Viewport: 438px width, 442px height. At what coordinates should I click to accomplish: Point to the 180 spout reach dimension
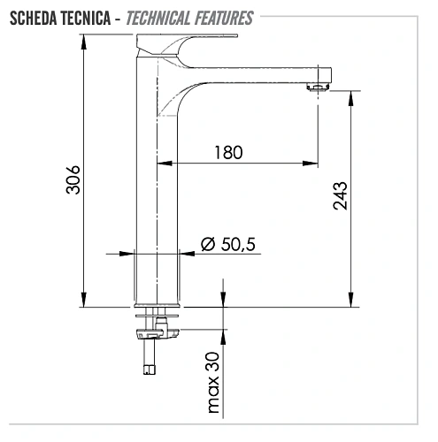pyautogui.click(x=227, y=151)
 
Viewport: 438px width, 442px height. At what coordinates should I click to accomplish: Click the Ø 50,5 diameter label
pyautogui.click(x=228, y=245)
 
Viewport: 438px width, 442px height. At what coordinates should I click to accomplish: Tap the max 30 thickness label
pyautogui.click(x=213, y=382)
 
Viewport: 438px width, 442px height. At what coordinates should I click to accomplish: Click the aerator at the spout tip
pyautogui.click(x=316, y=87)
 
